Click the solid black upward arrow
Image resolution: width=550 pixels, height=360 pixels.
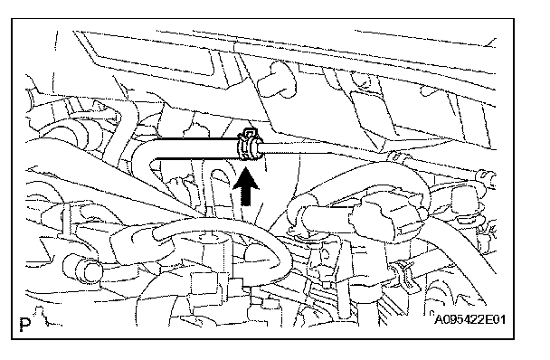[246, 186]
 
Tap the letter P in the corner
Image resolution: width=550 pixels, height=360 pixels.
[25, 324]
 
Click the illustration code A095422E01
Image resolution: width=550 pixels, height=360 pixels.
[470, 319]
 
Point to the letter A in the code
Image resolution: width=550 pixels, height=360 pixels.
[439, 319]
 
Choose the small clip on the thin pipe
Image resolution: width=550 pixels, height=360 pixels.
[397, 156]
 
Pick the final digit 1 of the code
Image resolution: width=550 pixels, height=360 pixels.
[502, 319]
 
